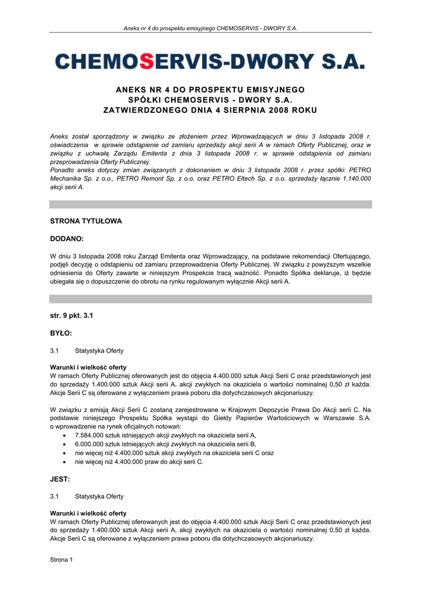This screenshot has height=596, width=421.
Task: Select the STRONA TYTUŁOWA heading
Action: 86,221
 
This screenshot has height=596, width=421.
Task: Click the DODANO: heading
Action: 67,239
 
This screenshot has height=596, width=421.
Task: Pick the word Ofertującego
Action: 350,256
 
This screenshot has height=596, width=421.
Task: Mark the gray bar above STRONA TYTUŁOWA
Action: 211,204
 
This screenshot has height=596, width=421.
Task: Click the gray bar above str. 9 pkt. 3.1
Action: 211,299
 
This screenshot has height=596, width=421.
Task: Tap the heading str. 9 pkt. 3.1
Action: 72,315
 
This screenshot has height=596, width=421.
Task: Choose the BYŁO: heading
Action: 61,333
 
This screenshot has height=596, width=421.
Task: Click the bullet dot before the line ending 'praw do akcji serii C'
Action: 63,462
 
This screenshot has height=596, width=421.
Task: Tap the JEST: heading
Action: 60,479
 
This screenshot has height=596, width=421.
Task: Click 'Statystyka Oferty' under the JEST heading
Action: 99,496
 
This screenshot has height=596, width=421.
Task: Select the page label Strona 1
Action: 62,560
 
